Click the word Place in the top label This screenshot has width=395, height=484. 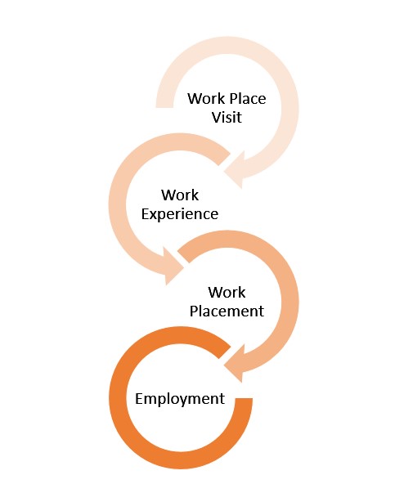(x=248, y=99)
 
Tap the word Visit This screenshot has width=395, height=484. (x=227, y=117)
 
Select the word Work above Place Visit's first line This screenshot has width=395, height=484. (x=206, y=99)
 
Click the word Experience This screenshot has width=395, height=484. (x=180, y=214)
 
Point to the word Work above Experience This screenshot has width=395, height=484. (x=180, y=195)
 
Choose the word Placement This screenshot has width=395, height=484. (x=227, y=311)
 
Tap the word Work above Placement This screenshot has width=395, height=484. (x=227, y=292)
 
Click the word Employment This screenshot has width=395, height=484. (x=180, y=399)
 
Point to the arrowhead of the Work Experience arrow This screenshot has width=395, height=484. (x=173, y=266)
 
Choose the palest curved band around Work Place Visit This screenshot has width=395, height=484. (x=290, y=108)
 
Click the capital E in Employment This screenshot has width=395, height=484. (x=139, y=398)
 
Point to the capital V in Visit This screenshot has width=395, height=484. (x=217, y=117)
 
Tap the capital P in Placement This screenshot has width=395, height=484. (x=194, y=311)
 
